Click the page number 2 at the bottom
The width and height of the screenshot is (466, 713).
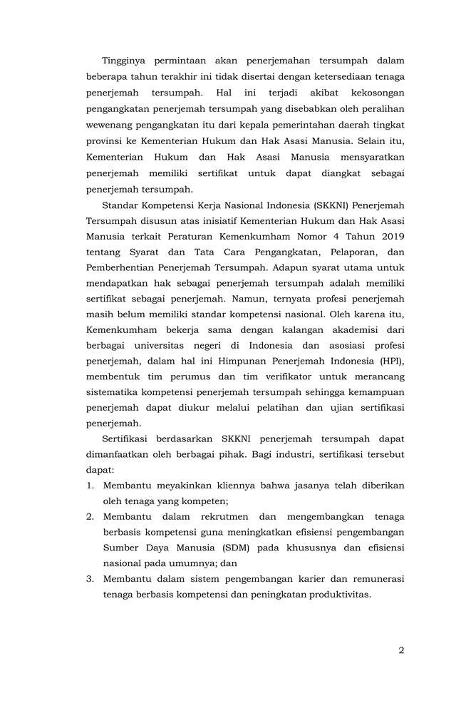(x=401, y=650)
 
